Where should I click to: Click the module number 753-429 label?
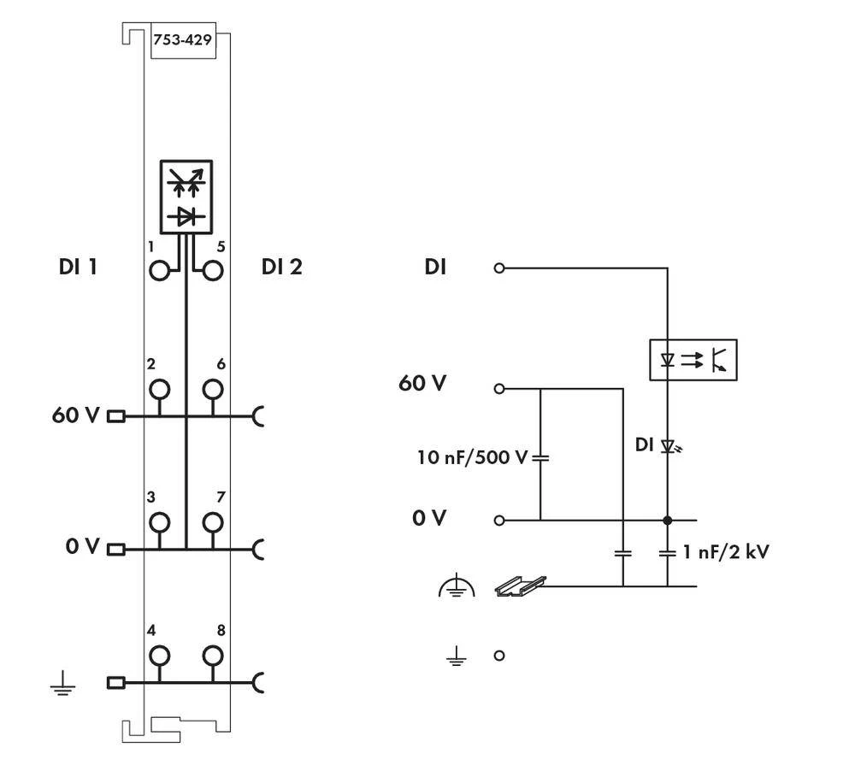[x=182, y=40]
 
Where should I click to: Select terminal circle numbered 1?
[x=159, y=271]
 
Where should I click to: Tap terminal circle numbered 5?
[x=212, y=271]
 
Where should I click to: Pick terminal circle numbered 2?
[x=159, y=390]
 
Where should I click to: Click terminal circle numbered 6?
[x=212, y=390]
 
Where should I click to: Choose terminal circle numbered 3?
[x=159, y=521]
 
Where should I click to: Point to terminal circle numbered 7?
[x=212, y=521]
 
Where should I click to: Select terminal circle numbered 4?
[x=159, y=656]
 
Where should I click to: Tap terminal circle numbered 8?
[x=212, y=656]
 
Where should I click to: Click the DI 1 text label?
[x=77, y=268]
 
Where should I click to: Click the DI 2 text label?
[x=281, y=268]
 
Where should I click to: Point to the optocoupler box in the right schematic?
[x=693, y=360]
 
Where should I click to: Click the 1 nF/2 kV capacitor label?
[x=726, y=552]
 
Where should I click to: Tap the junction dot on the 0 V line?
[x=667, y=520]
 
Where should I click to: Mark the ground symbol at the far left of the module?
[x=61, y=683]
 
